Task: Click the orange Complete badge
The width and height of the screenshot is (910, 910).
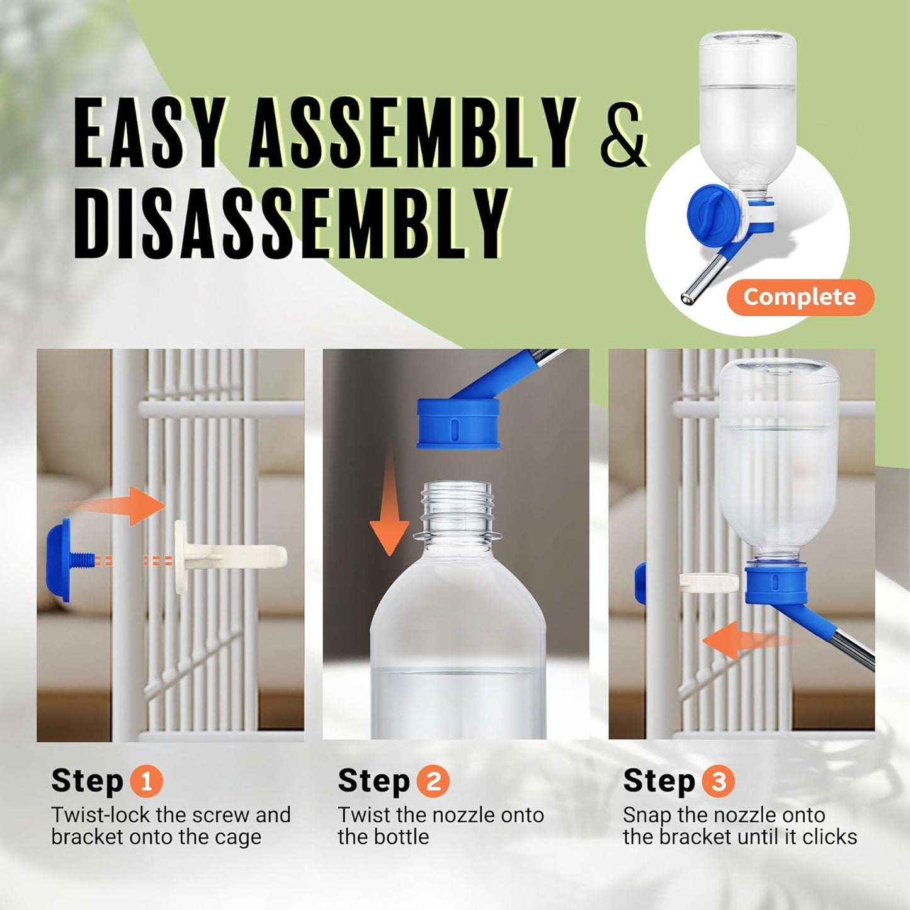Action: coord(800,297)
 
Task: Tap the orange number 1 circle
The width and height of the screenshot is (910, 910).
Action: coord(146,782)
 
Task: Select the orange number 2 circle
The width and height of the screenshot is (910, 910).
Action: coord(433,782)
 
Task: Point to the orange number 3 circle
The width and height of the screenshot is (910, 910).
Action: coord(718,782)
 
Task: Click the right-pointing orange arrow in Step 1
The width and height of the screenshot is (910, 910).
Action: coord(126,504)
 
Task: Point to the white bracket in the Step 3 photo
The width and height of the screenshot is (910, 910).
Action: coord(708,583)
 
